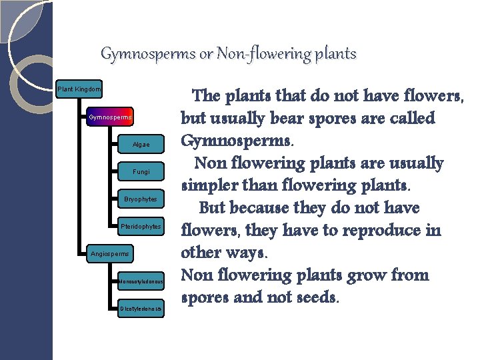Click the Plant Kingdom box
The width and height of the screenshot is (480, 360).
click(79, 89)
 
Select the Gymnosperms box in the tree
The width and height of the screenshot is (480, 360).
click(110, 118)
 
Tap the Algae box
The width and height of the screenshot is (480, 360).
click(141, 145)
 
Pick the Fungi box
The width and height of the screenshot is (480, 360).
click(141, 172)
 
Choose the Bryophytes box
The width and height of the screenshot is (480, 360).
click(141, 199)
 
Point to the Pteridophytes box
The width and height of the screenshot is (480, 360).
click(141, 227)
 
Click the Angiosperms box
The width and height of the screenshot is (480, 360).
click(110, 253)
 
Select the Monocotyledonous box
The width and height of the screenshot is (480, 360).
click(141, 281)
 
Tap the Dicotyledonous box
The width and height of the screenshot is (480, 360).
click(141, 309)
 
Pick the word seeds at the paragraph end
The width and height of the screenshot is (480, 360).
click(315, 297)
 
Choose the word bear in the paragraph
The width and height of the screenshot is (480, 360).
click(291, 119)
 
